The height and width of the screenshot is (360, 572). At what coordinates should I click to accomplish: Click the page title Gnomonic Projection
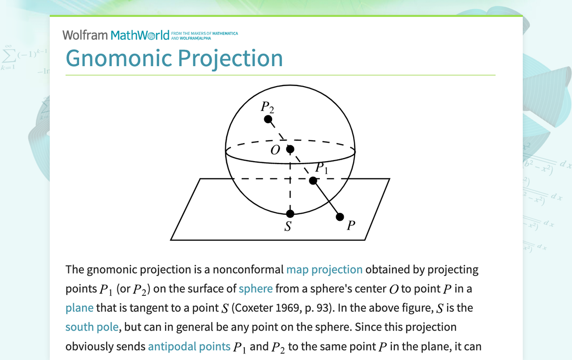[174, 58]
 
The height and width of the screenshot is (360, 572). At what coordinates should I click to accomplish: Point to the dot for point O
[290, 149]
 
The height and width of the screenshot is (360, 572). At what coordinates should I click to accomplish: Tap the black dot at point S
[290, 213]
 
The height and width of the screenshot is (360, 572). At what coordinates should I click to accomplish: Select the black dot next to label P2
[268, 119]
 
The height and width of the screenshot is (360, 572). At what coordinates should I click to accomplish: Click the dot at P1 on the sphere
[313, 180]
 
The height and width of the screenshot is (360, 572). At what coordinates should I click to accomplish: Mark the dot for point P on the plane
[340, 217]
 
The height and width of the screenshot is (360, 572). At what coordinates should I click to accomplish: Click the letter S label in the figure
[287, 227]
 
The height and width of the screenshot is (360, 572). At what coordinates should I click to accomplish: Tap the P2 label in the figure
[268, 106]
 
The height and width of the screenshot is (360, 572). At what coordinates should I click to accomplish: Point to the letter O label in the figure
[275, 150]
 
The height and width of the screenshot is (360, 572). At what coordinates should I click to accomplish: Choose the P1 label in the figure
[322, 168]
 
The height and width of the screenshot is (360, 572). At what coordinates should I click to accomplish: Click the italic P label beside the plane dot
[351, 226]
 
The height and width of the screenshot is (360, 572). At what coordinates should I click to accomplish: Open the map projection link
[324, 270]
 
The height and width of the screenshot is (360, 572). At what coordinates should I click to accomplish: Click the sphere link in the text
[256, 289]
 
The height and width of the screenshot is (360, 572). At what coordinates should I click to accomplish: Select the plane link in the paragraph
[79, 308]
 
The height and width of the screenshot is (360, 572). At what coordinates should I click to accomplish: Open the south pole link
[92, 327]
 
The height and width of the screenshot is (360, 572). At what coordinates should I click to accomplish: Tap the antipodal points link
[189, 346]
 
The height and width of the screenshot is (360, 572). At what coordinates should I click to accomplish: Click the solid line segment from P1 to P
[327, 199]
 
